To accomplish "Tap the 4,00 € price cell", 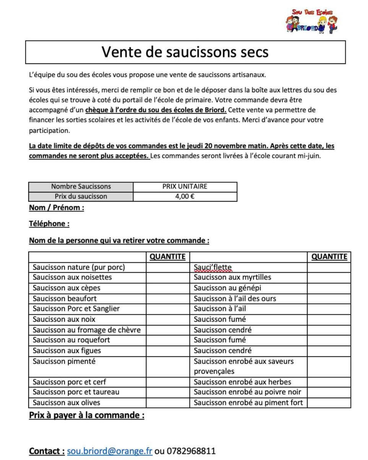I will pos(185,197).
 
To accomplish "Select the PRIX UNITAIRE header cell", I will pos(185,187).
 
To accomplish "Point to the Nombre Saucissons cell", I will pos(81,187).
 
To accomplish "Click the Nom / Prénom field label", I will pos(56,208).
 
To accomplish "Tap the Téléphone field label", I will pos(49,223).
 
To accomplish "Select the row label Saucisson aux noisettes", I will pos(72,277).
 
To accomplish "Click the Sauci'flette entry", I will pos(213,267).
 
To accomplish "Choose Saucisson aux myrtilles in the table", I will pos(232,277).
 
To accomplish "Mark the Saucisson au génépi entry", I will pos(228,288).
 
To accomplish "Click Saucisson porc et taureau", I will pos(76,392).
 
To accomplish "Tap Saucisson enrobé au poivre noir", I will pos(247,392).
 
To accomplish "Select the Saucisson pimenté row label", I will pos(64,361).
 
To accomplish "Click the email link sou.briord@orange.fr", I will pos(110,451).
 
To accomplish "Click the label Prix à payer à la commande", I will pos(86,415).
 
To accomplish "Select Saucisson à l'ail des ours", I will pos(235,298).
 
